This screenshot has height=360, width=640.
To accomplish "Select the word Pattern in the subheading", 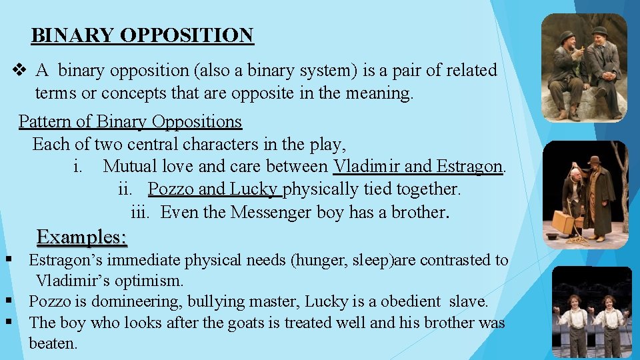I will tap(42, 121).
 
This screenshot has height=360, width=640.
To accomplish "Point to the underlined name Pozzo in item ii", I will tap(169, 189).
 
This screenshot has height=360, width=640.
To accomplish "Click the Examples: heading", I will tap(82, 237).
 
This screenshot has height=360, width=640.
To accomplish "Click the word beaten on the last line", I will tap(53, 344).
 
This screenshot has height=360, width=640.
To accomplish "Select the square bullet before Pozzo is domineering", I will tap(9, 301).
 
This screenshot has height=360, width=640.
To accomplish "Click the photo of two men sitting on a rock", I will tap(584, 68).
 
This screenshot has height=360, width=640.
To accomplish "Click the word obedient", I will tap(410, 301).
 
